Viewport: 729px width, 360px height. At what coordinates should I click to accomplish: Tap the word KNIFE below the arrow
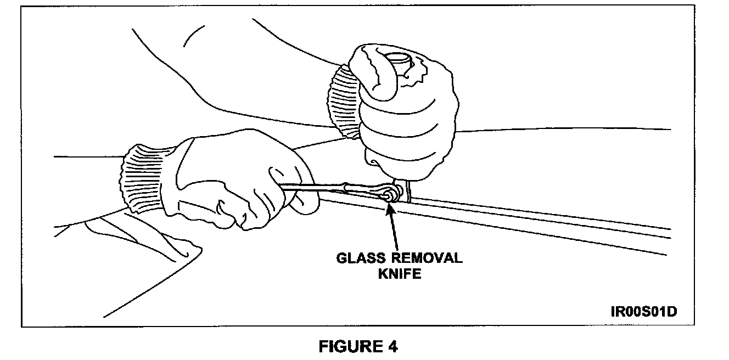pos(399,273)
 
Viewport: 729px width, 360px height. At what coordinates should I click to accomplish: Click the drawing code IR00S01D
pos(643,312)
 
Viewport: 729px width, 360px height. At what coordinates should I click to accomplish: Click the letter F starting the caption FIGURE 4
pos(325,346)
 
